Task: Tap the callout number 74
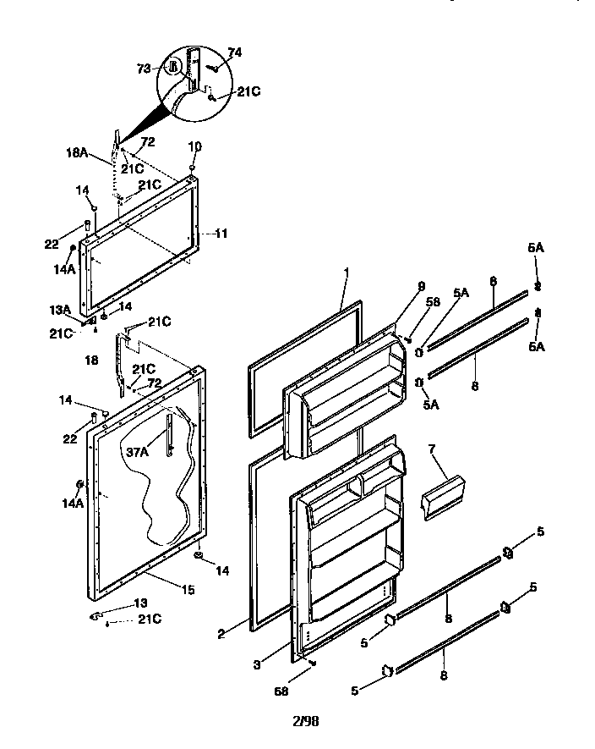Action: click(234, 52)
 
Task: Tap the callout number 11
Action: click(221, 233)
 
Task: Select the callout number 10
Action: click(194, 146)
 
